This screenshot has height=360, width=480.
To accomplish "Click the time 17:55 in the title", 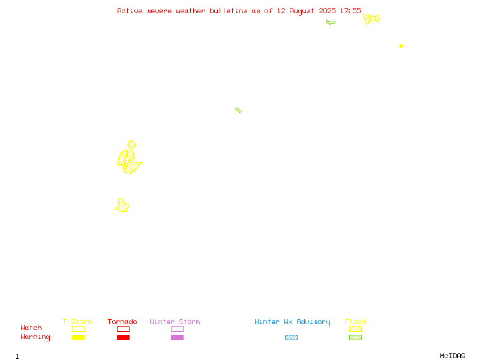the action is coord(350,11).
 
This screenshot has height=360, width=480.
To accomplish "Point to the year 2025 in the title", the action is coord(327,11).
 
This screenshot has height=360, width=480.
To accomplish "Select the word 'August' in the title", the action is coord(302,11).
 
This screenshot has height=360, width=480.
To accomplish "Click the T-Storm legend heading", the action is coord(77,322).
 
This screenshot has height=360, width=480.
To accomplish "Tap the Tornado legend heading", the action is coord(122,322).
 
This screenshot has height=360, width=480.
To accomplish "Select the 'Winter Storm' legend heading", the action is coord(175,322).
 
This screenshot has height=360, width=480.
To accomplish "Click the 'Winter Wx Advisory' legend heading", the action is coord(292,322).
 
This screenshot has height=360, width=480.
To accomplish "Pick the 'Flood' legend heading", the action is coord(355,322).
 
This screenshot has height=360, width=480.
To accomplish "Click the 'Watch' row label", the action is coord(31,328).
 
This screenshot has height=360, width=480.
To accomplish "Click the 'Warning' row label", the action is coord(35,337).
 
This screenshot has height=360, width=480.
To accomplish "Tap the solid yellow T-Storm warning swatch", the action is coord(79,337).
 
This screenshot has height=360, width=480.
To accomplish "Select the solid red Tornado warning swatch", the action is coord(124,337).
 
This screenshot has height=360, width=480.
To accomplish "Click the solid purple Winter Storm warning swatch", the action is coord(177,337).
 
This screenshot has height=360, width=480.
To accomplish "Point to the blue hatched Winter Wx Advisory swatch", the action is coord(291,337).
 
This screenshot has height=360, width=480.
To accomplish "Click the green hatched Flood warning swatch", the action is coord(355,337).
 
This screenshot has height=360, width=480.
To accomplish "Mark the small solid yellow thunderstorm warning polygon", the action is coord(401,46).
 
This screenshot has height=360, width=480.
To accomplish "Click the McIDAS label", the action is coord(452,356).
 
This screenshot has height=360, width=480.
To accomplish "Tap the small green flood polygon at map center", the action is coord(238,110).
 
